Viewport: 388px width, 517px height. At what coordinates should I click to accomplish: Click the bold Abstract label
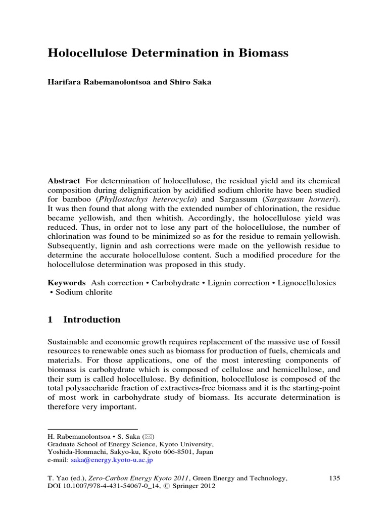64,181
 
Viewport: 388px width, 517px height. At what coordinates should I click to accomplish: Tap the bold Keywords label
67,283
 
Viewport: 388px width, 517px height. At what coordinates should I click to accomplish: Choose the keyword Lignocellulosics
308,283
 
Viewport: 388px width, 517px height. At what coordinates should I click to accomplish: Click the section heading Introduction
92,320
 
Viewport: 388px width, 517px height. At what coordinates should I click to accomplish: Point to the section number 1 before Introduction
51,320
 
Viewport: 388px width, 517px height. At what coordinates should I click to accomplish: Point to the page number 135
334,478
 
